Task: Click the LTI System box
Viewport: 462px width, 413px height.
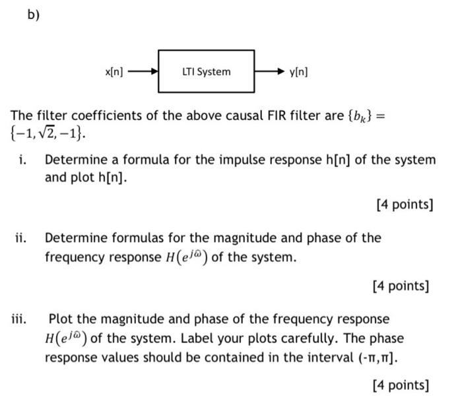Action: coord(206,71)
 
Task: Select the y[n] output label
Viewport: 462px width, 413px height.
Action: coord(298,71)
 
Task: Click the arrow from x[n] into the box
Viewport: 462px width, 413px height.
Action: coord(144,71)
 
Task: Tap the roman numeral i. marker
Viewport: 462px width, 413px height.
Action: coord(22,160)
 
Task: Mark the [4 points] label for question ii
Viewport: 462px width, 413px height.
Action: coord(400,286)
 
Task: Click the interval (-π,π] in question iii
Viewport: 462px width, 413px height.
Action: coord(375,358)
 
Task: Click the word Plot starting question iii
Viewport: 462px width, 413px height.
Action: coord(62,319)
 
